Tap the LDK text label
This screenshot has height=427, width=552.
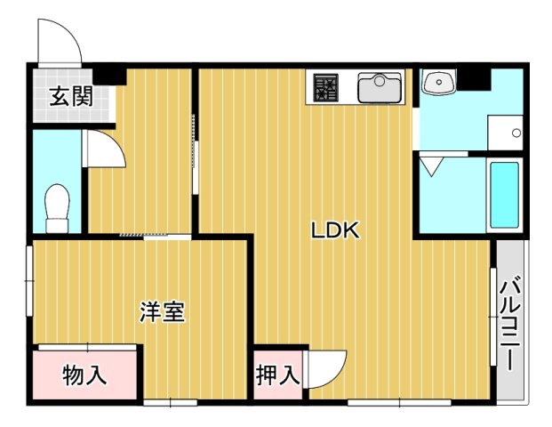click(334, 230)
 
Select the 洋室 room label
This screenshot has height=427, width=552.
click(162, 312)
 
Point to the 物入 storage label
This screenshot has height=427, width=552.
click(85, 375)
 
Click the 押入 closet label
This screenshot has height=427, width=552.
click(277, 375)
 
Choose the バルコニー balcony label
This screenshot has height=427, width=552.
click(510, 326)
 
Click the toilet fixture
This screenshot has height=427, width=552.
click(58, 206)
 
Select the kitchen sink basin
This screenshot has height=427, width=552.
click(379, 88)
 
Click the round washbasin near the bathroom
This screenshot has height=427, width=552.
click(438, 83)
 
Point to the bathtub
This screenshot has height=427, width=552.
click(504, 197)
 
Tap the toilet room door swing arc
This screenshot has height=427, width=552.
click(105, 149)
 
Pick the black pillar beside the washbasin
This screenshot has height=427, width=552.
click(474, 78)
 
